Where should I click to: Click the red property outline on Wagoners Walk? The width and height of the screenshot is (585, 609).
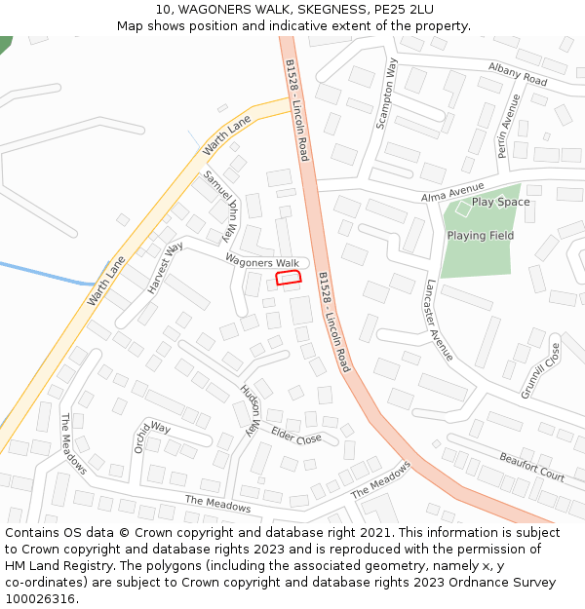click(x=288, y=278)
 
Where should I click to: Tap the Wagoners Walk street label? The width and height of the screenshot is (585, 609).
click(x=262, y=262)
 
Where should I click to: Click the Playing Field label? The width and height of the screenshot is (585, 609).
click(x=480, y=236)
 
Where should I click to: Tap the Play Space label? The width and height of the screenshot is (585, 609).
click(x=500, y=203)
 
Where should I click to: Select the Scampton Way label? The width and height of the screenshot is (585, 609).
click(x=388, y=94)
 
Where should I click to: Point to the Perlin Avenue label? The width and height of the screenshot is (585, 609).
click(x=509, y=125)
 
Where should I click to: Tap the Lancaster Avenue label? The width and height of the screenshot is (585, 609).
click(x=439, y=320)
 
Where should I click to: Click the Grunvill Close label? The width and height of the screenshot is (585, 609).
click(x=540, y=370)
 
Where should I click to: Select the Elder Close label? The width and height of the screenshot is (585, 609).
click(x=296, y=435)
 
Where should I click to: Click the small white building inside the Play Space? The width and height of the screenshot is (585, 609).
click(x=463, y=208)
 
